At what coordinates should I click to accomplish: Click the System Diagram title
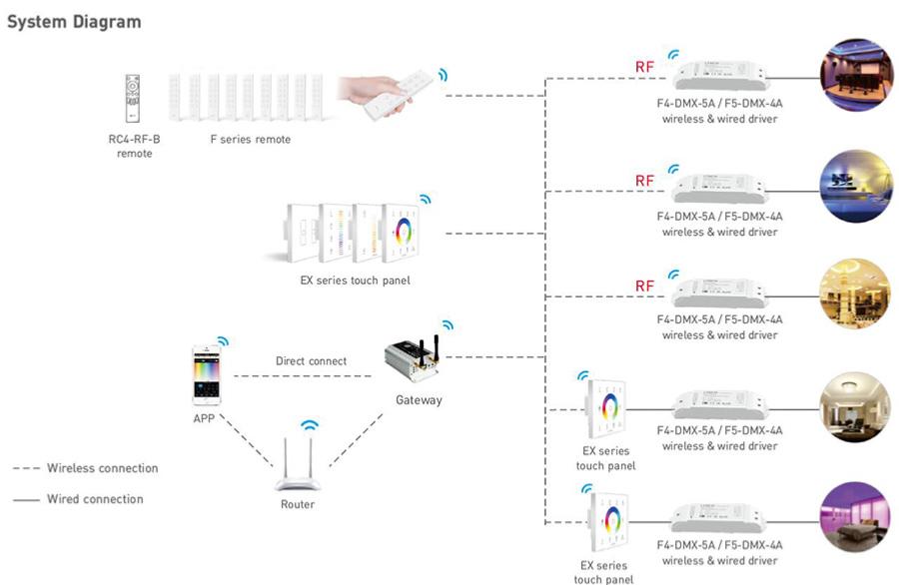point(74,21)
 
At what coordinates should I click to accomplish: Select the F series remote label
point(250,140)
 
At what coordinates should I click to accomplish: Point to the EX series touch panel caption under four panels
point(355,281)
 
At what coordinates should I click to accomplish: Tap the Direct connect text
point(311,361)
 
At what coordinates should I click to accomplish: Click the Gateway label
point(419,400)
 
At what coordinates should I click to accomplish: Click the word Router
point(298,504)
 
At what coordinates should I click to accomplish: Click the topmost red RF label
point(645,68)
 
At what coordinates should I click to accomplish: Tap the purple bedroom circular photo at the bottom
point(854,517)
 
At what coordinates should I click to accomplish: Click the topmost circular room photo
point(854,74)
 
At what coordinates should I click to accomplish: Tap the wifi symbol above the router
point(310,425)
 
